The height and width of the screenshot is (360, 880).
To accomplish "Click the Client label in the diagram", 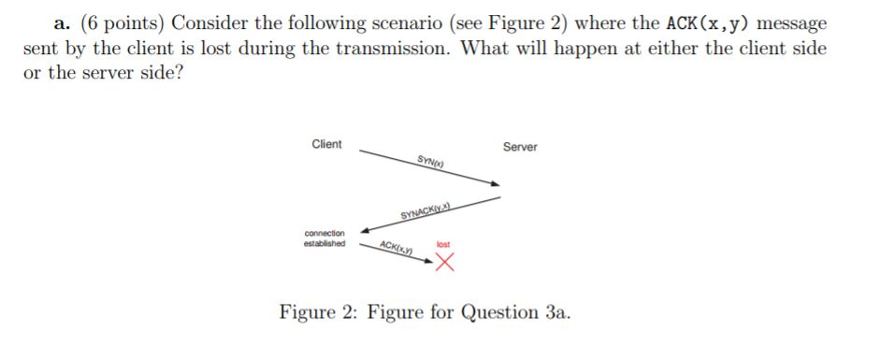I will click(326, 144).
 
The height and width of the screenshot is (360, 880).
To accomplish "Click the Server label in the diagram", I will click(520, 148).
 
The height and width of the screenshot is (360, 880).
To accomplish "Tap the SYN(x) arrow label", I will click(429, 165).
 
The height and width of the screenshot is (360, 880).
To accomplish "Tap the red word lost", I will click(443, 245).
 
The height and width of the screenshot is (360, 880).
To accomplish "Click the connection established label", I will click(325, 238).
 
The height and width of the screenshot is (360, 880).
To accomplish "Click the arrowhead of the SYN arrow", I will click(496, 195).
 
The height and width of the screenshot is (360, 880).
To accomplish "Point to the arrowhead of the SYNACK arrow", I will click(366, 228).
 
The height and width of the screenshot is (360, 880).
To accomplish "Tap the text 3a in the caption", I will click(552, 311).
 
